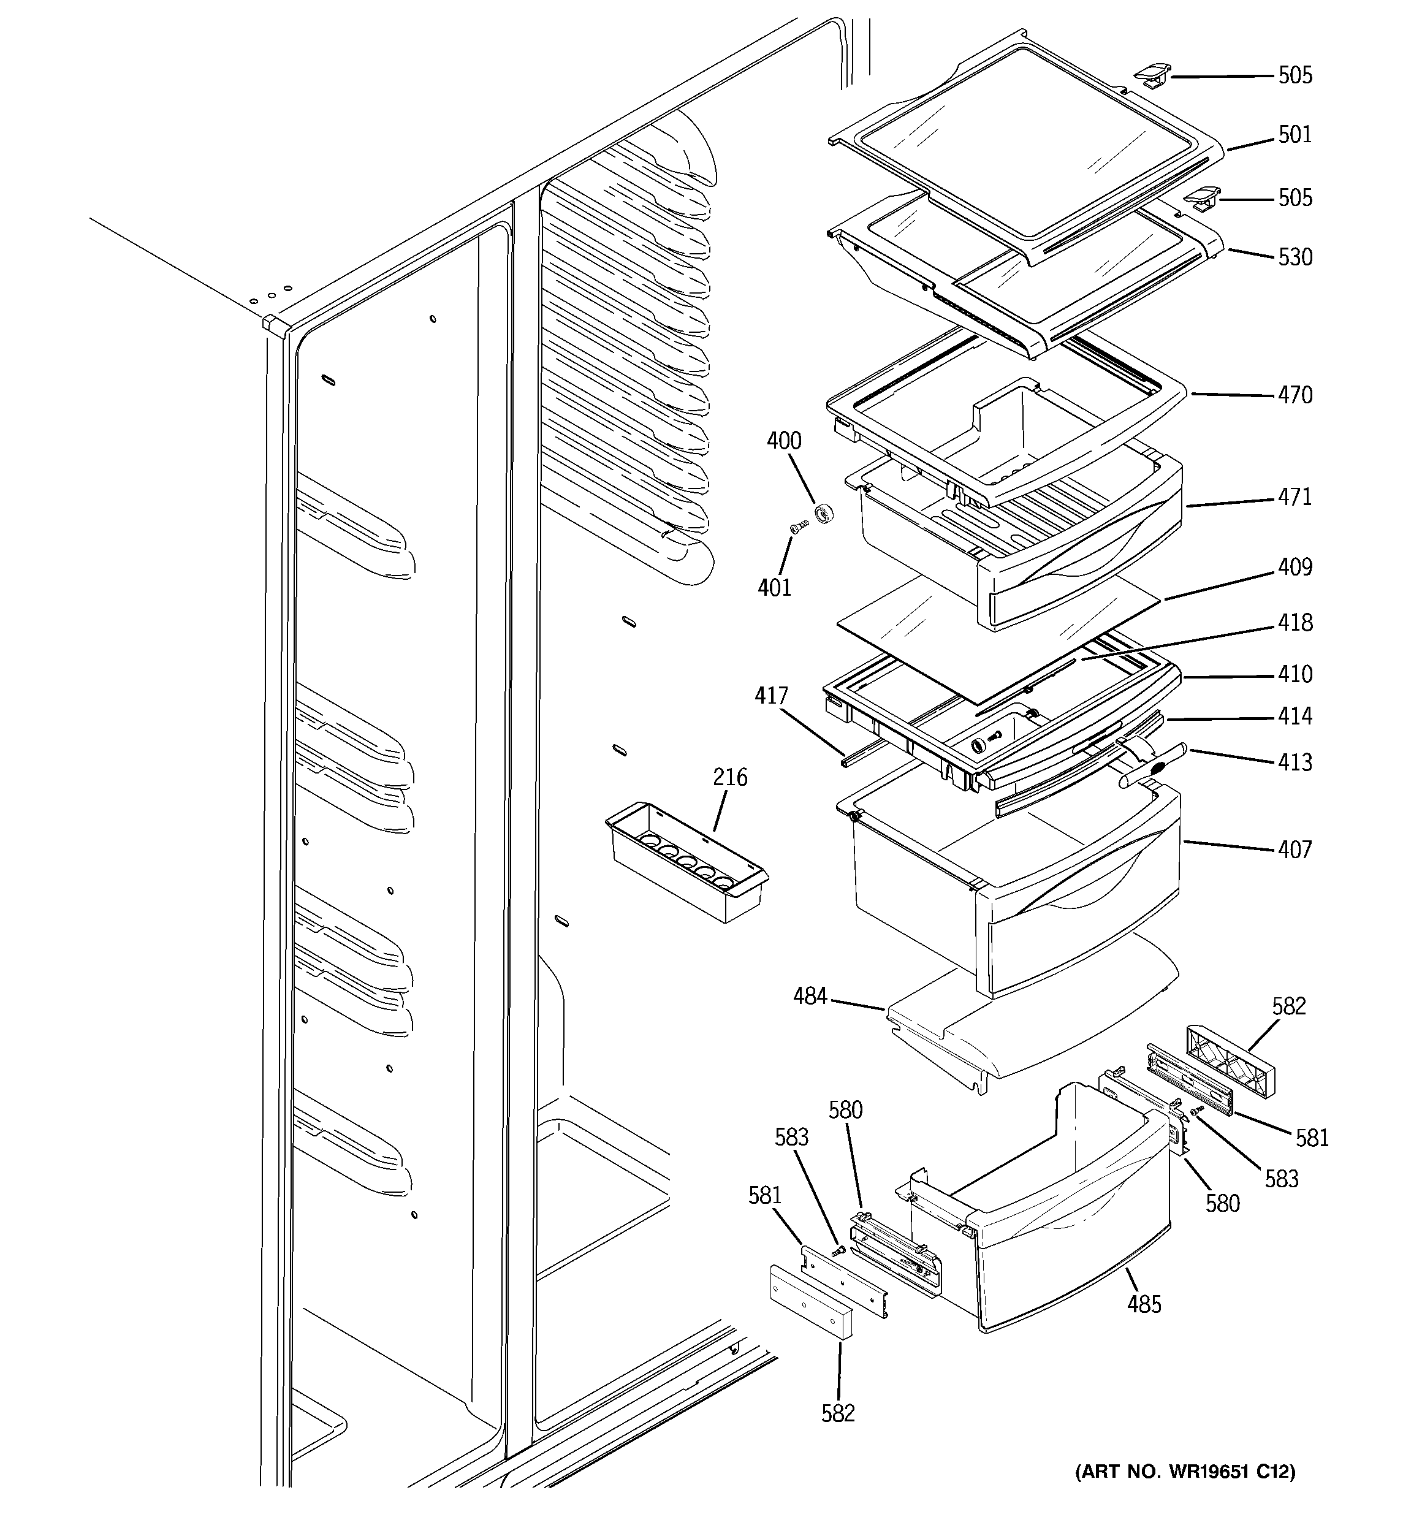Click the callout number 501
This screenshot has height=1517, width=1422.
coord(1295,135)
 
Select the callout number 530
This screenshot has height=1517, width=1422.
coord(1295,257)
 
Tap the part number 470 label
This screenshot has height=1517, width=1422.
coord(1295,395)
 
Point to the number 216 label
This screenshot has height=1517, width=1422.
coord(730,778)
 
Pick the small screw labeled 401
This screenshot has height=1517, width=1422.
coord(799,526)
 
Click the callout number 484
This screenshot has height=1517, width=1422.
coord(810,997)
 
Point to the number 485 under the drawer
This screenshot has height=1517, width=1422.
coord(1144,1305)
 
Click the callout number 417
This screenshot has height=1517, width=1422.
coord(771,696)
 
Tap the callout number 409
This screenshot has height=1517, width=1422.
coord(1295,567)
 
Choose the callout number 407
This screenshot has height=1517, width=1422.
coord(1295,850)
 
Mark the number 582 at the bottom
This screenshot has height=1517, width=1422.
coord(838,1413)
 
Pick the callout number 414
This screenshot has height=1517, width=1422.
coord(1295,716)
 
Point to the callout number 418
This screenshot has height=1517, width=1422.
coord(1295,623)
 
